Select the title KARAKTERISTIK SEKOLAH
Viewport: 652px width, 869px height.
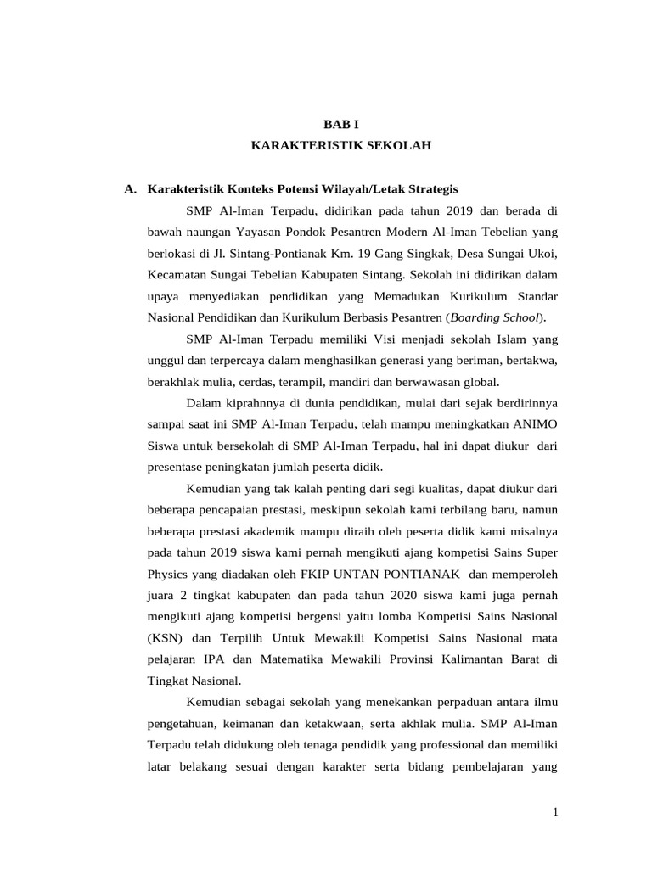(x=341, y=146)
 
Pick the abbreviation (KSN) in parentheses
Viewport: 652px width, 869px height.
(x=162, y=637)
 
